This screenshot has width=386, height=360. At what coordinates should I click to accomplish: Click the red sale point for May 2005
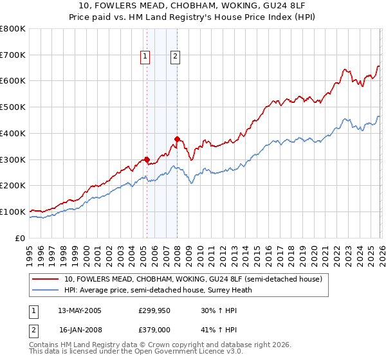click(147, 159)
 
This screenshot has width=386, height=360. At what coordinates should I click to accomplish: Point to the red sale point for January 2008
click(177, 139)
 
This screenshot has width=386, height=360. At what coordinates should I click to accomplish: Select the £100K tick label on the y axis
click(13, 212)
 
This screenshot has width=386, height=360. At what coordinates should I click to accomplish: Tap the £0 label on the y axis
click(20, 238)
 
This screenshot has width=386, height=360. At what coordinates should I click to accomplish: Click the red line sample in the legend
click(46, 280)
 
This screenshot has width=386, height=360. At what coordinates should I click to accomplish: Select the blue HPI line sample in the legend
click(46, 290)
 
